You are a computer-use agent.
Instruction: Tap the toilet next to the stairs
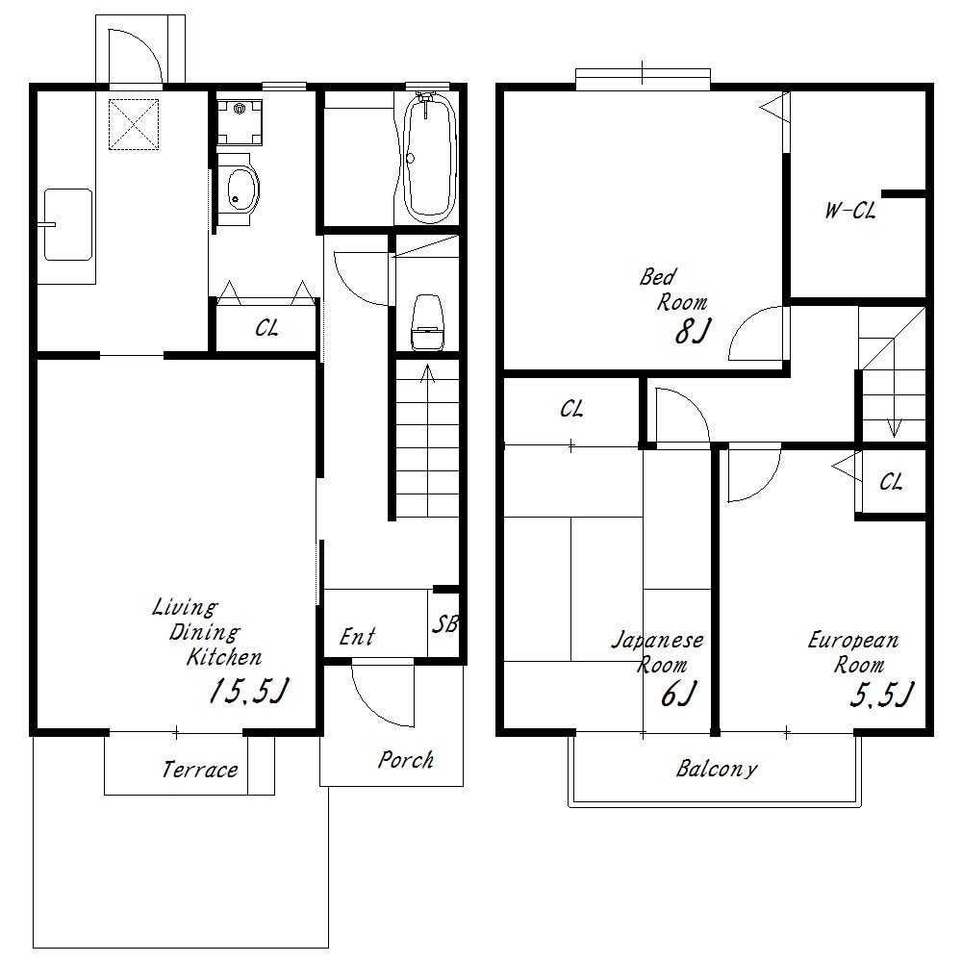(x=427, y=322)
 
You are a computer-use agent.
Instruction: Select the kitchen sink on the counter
(x=68, y=224)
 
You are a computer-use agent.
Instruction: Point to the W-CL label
(x=850, y=211)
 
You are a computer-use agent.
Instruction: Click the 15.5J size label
(x=248, y=691)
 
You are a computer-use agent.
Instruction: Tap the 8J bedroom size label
(x=692, y=331)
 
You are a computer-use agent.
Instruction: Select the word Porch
(x=406, y=760)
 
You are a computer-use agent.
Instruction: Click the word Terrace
(x=200, y=770)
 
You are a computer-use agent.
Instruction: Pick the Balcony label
(x=717, y=770)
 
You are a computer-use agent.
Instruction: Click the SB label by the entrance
(x=445, y=624)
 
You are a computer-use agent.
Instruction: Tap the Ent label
(x=357, y=637)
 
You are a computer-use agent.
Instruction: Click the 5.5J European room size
(x=882, y=694)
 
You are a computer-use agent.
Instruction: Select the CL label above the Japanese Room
(x=571, y=409)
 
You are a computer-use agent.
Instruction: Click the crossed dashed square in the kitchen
(x=134, y=124)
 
